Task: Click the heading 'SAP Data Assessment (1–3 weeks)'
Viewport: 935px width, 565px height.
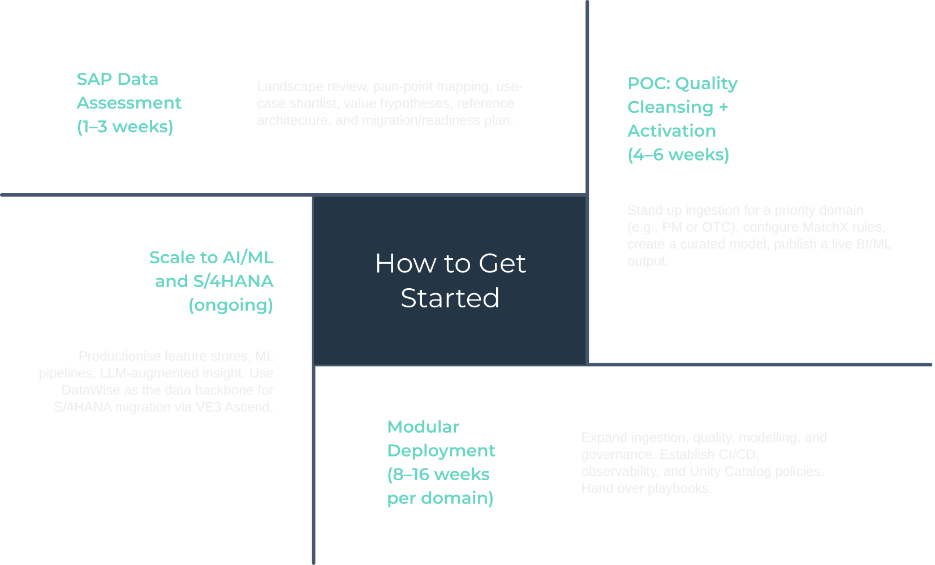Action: point(129,103)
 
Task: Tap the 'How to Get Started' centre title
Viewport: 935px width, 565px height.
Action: point(450,280)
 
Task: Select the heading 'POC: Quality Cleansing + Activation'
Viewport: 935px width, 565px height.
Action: point(682,107)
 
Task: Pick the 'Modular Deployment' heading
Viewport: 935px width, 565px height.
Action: point(441,438)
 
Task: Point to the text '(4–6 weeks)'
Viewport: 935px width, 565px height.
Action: point(678,155)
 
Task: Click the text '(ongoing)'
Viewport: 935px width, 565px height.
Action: point(231,305)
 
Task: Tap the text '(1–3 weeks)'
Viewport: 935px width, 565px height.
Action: point(125,127)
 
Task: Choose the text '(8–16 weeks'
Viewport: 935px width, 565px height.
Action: point(438,475)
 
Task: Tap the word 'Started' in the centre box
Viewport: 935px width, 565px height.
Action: point(450,298)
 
